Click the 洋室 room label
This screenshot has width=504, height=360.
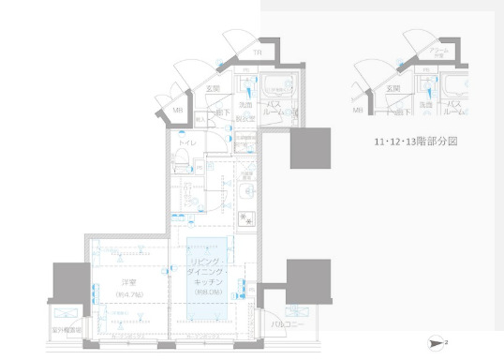(x=127, y=282)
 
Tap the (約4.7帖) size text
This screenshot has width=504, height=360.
(x=127, y=293)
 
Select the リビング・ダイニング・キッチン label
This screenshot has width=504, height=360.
(x=206, y=271)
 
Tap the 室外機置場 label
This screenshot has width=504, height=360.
(x=67, y=330)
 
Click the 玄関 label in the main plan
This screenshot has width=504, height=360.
(x=212, y=90)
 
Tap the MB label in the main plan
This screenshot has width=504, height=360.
(x=177, y=111)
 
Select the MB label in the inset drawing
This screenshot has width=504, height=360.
(x=357, y=111)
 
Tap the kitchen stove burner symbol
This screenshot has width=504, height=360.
(x=249, y=220)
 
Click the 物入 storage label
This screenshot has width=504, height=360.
(x=200, y=121)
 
